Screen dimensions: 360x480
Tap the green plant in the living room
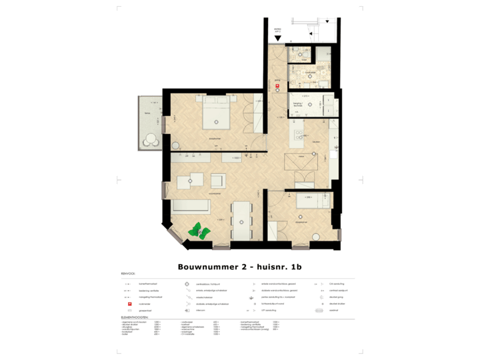coord(199,231)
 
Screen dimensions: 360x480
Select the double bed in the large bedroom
coord(217,114)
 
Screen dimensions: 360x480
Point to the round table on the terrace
coord(151,139)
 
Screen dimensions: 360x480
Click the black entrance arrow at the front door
coord(279,38)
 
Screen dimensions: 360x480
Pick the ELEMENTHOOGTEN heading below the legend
coord(135,317)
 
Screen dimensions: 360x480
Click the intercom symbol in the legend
coord(187,310)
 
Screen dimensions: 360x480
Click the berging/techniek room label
coord(297,105)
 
